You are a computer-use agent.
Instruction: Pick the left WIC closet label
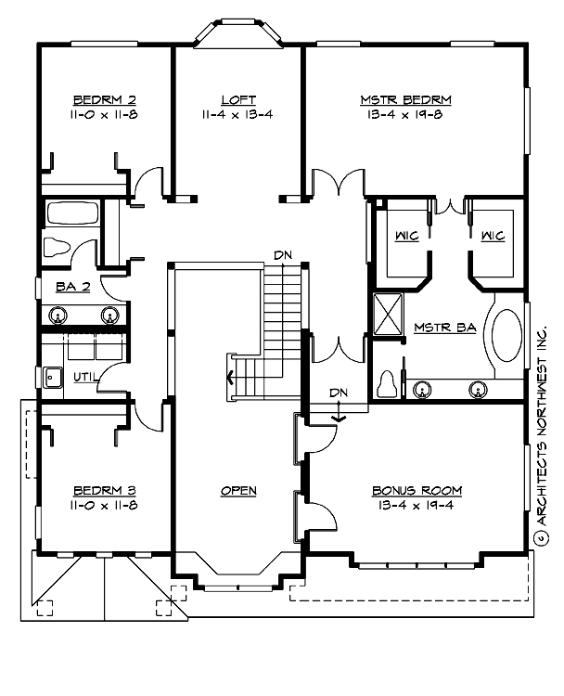pos(406,237)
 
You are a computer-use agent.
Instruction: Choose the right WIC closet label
pos(492,237)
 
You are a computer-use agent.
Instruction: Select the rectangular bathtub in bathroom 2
pos(71,214)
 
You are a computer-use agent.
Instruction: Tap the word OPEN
pos(238,490)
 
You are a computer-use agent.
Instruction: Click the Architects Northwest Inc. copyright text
pos(543,432)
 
